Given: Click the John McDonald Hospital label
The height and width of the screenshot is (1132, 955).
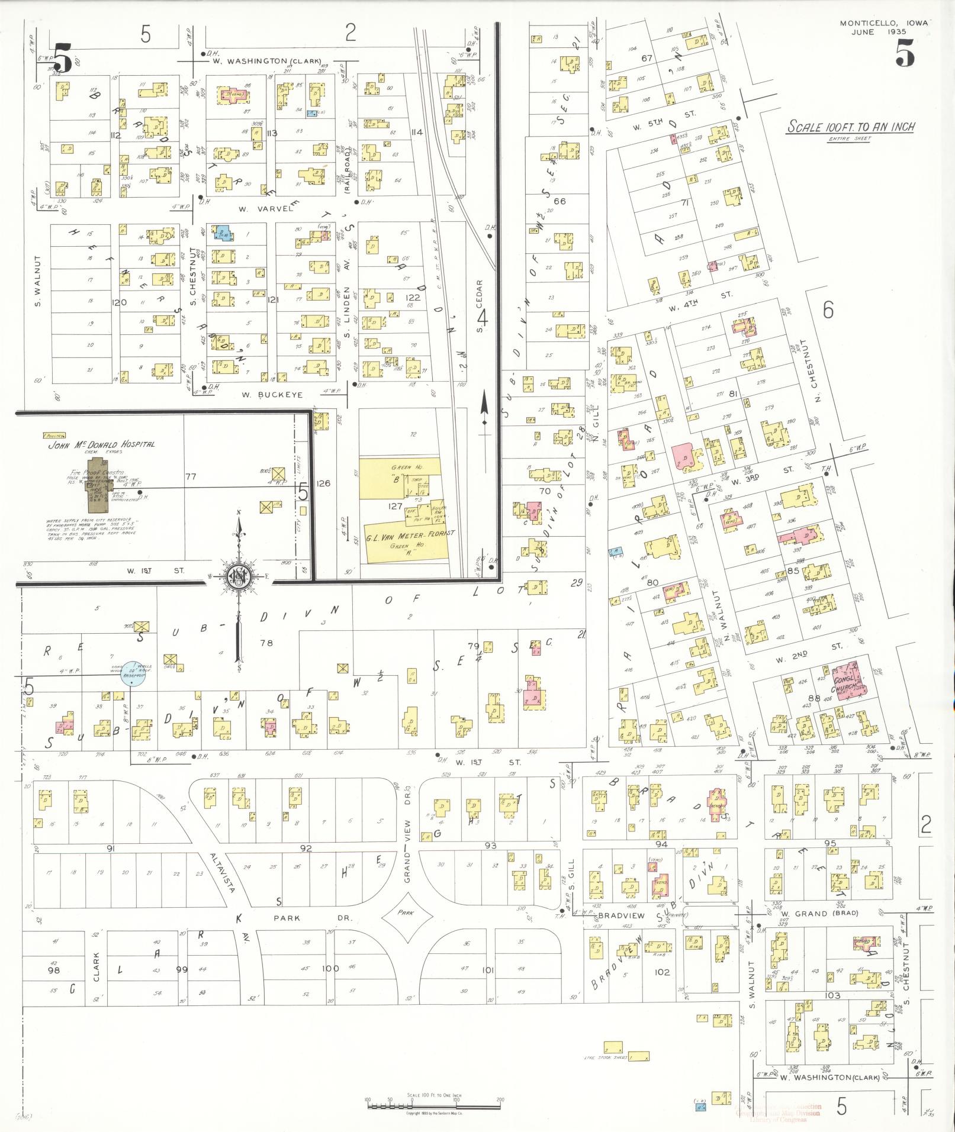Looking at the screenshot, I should (x=101, y=444).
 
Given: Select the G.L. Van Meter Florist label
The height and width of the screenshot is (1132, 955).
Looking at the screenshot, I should (x=410, y=533).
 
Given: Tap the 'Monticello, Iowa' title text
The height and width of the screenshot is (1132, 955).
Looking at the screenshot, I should (x=885, y=24).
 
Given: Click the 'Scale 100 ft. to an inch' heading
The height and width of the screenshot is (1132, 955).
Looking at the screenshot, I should (x=850, y=127).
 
